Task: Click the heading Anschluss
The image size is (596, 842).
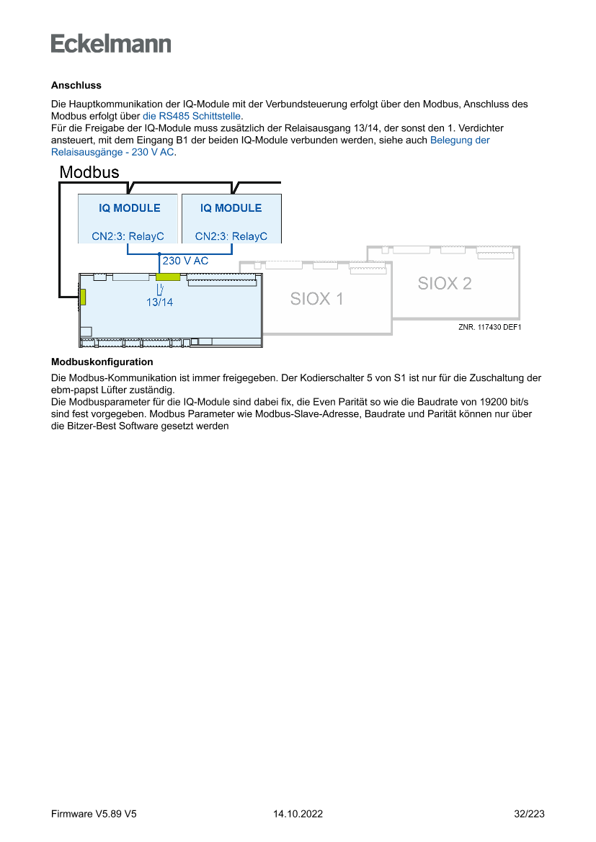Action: pyautogui.click(x=76, y=85)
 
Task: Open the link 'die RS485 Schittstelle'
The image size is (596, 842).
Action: pyautogui.click(x=192, y=115)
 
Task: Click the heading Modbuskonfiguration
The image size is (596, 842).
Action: pyautogui.click(x=102, y=362)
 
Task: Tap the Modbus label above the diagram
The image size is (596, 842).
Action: pyautogui.click(x=89, y=173)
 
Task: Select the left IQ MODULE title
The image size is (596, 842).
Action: pyautogui.click(x=130, y=208)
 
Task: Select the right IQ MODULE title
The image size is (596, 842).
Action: pyautogui.click(x=231, y=208)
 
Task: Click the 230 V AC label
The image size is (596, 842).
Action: pyautogui.click(x=185, y=261)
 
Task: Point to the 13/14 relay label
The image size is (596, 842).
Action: pyautogui.click(x=159, y=303)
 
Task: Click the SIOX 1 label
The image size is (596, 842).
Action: pyautogui.click(x=317, y=298)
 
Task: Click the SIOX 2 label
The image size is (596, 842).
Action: pyautogui.click(x=445, y=283)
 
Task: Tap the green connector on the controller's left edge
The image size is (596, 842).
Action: pyautogui.click(x=83, y=297)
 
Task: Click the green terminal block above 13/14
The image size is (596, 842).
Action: pyautogui.click(x=168, y=277)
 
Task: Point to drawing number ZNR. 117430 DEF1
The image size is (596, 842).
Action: pyautogui.click(x=489, y=326)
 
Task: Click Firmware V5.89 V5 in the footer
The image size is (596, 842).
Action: pyautogui.click(x=94, y=814)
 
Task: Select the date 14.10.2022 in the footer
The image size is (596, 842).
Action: pyautogui.click(x=298, y=814)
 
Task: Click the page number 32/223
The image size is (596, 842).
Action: pyautogui.click(x=529, y=814)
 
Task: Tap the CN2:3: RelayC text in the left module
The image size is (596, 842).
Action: pyautogui.click(x=128, y=236)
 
